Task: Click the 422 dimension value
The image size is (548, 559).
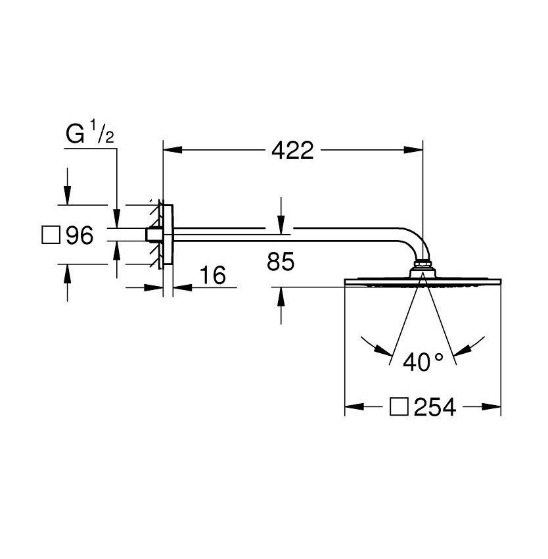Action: tap(292, 151)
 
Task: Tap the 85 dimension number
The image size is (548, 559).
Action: tap(281, 262)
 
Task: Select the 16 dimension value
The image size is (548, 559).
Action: tap(212, 276)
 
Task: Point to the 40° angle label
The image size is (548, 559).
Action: tap(423, 361)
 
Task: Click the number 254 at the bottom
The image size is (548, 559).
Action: tap(434, 407)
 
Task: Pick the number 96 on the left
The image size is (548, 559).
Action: tap(80, 235)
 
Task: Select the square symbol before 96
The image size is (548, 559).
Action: tap(51, 235)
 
